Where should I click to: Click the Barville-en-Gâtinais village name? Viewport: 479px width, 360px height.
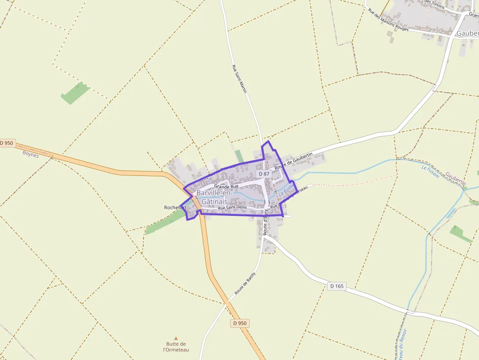[214, 197]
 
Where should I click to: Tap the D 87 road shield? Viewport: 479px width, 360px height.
[263, 174]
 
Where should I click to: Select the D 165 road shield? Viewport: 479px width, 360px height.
[336, 286]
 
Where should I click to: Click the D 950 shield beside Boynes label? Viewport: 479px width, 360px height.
[7, 143]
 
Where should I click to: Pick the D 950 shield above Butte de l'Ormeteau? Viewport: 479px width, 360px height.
[239, 323]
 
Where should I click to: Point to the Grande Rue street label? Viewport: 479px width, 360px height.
[226, 187]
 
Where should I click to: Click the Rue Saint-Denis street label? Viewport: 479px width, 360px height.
[233, 208]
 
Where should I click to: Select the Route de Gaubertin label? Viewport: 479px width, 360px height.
[293, 161]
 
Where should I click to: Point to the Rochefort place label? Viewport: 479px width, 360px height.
[175, 208]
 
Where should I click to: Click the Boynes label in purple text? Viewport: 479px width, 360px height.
[30, 153]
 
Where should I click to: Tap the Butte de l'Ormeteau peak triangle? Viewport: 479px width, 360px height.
[176, 338]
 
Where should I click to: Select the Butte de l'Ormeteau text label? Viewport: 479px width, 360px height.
[176, 347]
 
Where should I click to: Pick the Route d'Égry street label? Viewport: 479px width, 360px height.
[266, 222]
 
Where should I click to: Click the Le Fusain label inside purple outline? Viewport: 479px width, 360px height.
[286, 190]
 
